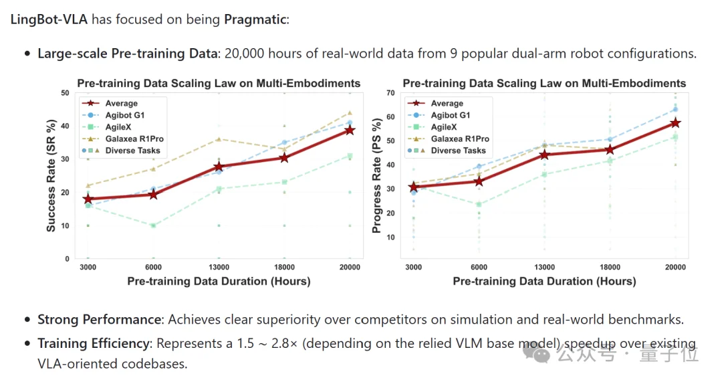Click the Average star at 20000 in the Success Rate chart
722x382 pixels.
tap(350, 130)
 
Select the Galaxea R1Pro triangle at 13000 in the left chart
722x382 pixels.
tap(219, 138)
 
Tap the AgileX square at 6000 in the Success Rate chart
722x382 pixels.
tap(153, 226)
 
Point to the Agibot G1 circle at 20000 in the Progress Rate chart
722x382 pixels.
tap(675, 109)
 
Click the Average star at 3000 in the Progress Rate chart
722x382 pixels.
tap(414, 187)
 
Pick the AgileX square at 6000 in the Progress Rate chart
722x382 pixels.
tap(479, 204)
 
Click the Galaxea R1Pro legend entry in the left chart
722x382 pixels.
tap(122, 138)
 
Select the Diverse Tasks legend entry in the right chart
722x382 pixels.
tap(447, 151)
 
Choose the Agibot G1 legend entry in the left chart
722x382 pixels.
tap(113, 115)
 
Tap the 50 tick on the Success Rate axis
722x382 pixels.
tap(65, 92)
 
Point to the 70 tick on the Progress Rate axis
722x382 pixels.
tap(390, 92)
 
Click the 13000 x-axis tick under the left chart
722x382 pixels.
tap(219, 267)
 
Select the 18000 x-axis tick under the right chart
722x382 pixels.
tap(610, 267)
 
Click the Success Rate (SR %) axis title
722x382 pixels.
tap(51, 175)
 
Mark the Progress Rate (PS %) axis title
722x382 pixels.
tap(376, 175)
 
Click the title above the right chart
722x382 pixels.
tap(544, 84)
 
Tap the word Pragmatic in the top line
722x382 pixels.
tap(255, 19)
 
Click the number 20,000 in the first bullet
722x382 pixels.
tap(244, 54)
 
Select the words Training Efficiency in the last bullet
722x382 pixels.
tap(94, 343)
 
